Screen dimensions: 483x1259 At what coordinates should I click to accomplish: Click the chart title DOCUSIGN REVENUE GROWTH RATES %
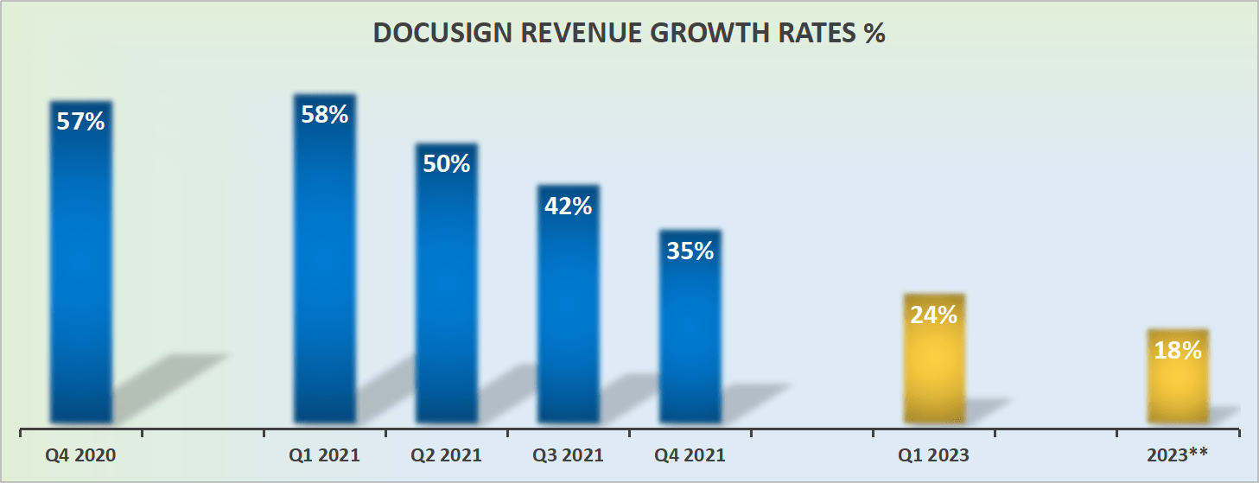coord(629,34)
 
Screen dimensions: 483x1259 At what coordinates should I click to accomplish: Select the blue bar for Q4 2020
coord(80,276)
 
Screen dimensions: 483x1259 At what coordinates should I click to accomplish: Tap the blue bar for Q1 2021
coord(324,276)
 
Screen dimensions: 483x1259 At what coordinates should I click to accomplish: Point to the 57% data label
coord(80,122)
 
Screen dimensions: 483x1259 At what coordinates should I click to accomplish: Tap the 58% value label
coord(324,114)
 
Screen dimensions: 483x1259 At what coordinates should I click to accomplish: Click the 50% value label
coord(446,163)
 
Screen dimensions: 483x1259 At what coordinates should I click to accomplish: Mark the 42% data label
coord(568,206)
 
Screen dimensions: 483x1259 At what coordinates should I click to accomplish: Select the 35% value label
coord(690,251)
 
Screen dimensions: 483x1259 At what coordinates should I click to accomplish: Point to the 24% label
coord(933,315)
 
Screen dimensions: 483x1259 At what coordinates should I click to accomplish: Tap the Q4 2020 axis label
coord(80,455)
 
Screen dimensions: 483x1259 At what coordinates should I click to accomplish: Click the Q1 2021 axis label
coord(324,455)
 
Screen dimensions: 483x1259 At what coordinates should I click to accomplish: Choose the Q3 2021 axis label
coord(568,455)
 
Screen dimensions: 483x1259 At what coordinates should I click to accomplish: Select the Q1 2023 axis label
coord(933,455)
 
